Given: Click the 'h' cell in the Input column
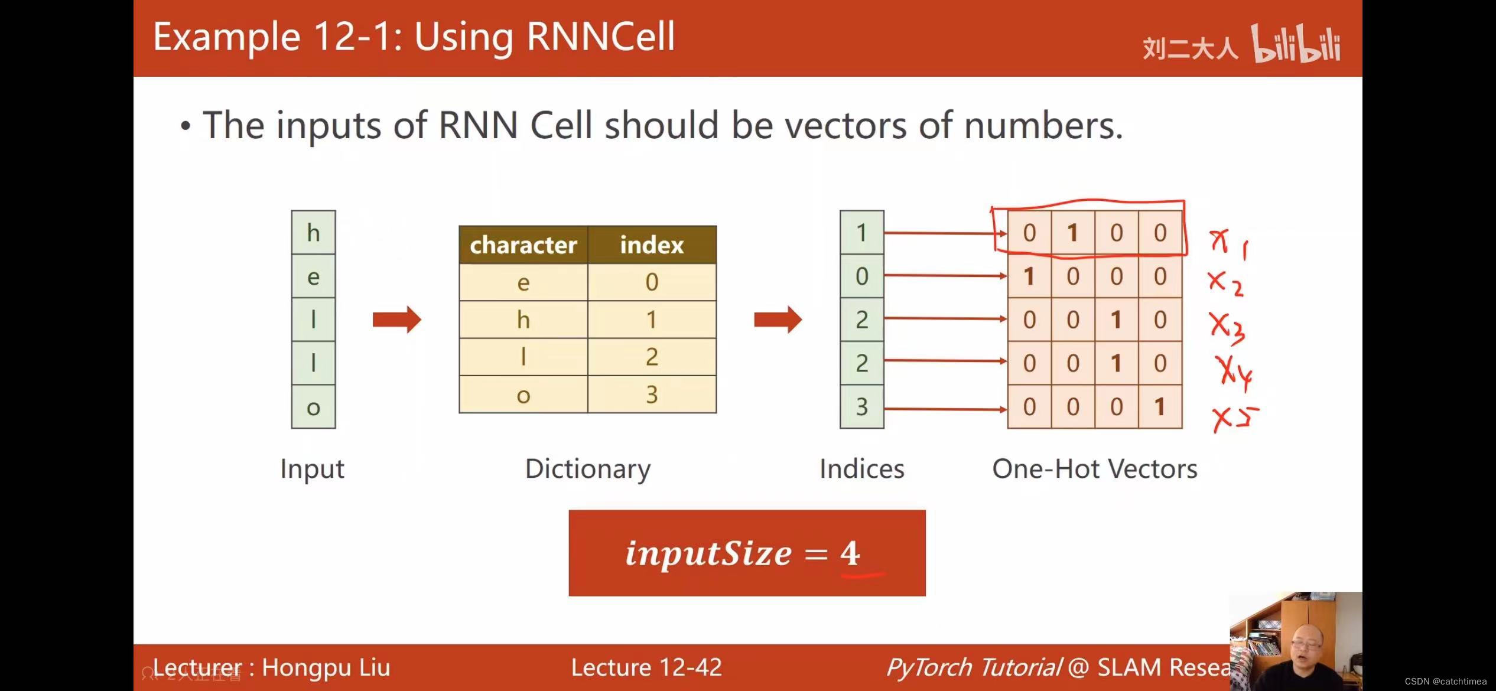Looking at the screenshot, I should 313,233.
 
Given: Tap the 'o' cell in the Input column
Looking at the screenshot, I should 313,407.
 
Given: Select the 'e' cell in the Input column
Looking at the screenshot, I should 313,276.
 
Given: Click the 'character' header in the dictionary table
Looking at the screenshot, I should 523,245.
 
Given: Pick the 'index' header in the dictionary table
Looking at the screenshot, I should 652,245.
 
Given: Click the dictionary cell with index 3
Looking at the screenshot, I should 652,395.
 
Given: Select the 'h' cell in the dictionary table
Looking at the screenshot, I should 523,320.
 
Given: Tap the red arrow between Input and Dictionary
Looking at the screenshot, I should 396,320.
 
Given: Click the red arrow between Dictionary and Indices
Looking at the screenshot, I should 778,320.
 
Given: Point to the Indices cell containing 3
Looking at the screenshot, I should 861,407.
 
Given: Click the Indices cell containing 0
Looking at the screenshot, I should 861,276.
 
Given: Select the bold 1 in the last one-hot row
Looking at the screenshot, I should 1160,407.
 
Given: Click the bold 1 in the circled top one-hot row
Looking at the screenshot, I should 1072,233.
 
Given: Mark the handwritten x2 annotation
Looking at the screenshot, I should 1225,283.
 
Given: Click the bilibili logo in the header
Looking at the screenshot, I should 1296,44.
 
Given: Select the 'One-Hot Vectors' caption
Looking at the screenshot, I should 1094,469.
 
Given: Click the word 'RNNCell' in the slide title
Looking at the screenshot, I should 600,37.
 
